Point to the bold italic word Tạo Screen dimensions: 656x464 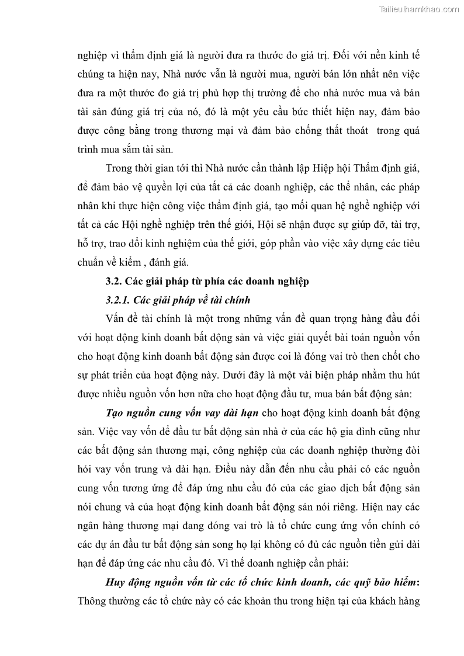[115, 413]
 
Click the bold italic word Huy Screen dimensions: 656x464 [116, 582]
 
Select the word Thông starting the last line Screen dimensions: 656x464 [92, 601]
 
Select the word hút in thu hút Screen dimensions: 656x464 [411, 376]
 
